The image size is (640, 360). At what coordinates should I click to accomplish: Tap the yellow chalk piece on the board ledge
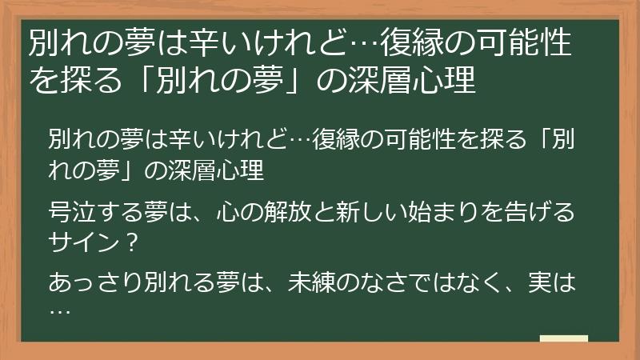pyautogui.click(x=564, y=339)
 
